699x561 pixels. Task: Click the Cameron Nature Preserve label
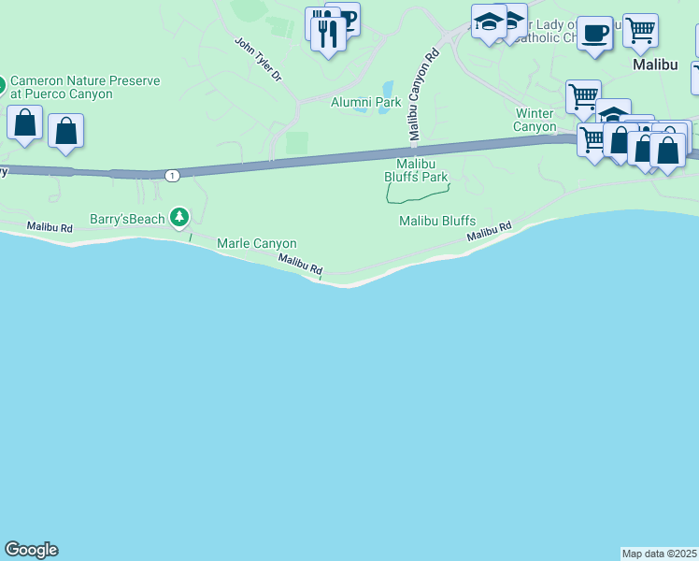85,87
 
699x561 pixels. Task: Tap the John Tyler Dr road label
258,59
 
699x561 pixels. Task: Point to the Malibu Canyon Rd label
421,95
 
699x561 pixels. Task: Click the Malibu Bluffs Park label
416,169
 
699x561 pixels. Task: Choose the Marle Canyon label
256,244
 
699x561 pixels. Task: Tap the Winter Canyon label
535,120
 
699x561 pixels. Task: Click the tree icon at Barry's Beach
179,219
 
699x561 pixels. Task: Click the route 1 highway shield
171,175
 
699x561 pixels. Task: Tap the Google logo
31,550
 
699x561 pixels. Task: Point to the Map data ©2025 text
660,554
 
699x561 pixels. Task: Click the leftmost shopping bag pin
24,122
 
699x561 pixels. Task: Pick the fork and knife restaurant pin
327,35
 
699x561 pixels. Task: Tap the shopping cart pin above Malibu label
640,31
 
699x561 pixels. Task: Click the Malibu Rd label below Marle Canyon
299,265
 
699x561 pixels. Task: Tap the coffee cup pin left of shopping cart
594,34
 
